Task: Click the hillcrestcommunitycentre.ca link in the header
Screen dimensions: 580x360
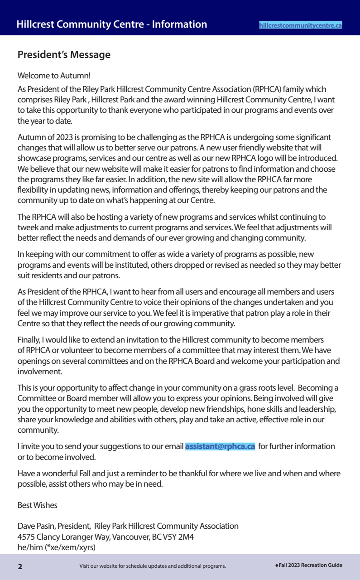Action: tap(300, 26)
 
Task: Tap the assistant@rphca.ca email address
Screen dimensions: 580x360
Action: tap(220, 446)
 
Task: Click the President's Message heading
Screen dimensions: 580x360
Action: tap(64, 55)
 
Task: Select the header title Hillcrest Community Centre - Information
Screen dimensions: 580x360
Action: tap(112, 24)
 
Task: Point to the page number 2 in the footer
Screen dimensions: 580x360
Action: tap(20, 566)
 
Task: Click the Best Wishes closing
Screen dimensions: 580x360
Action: tap(38, 505)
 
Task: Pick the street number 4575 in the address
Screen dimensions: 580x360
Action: tap(26, 536)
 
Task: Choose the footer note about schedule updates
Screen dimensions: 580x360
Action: tap(152, 566)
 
